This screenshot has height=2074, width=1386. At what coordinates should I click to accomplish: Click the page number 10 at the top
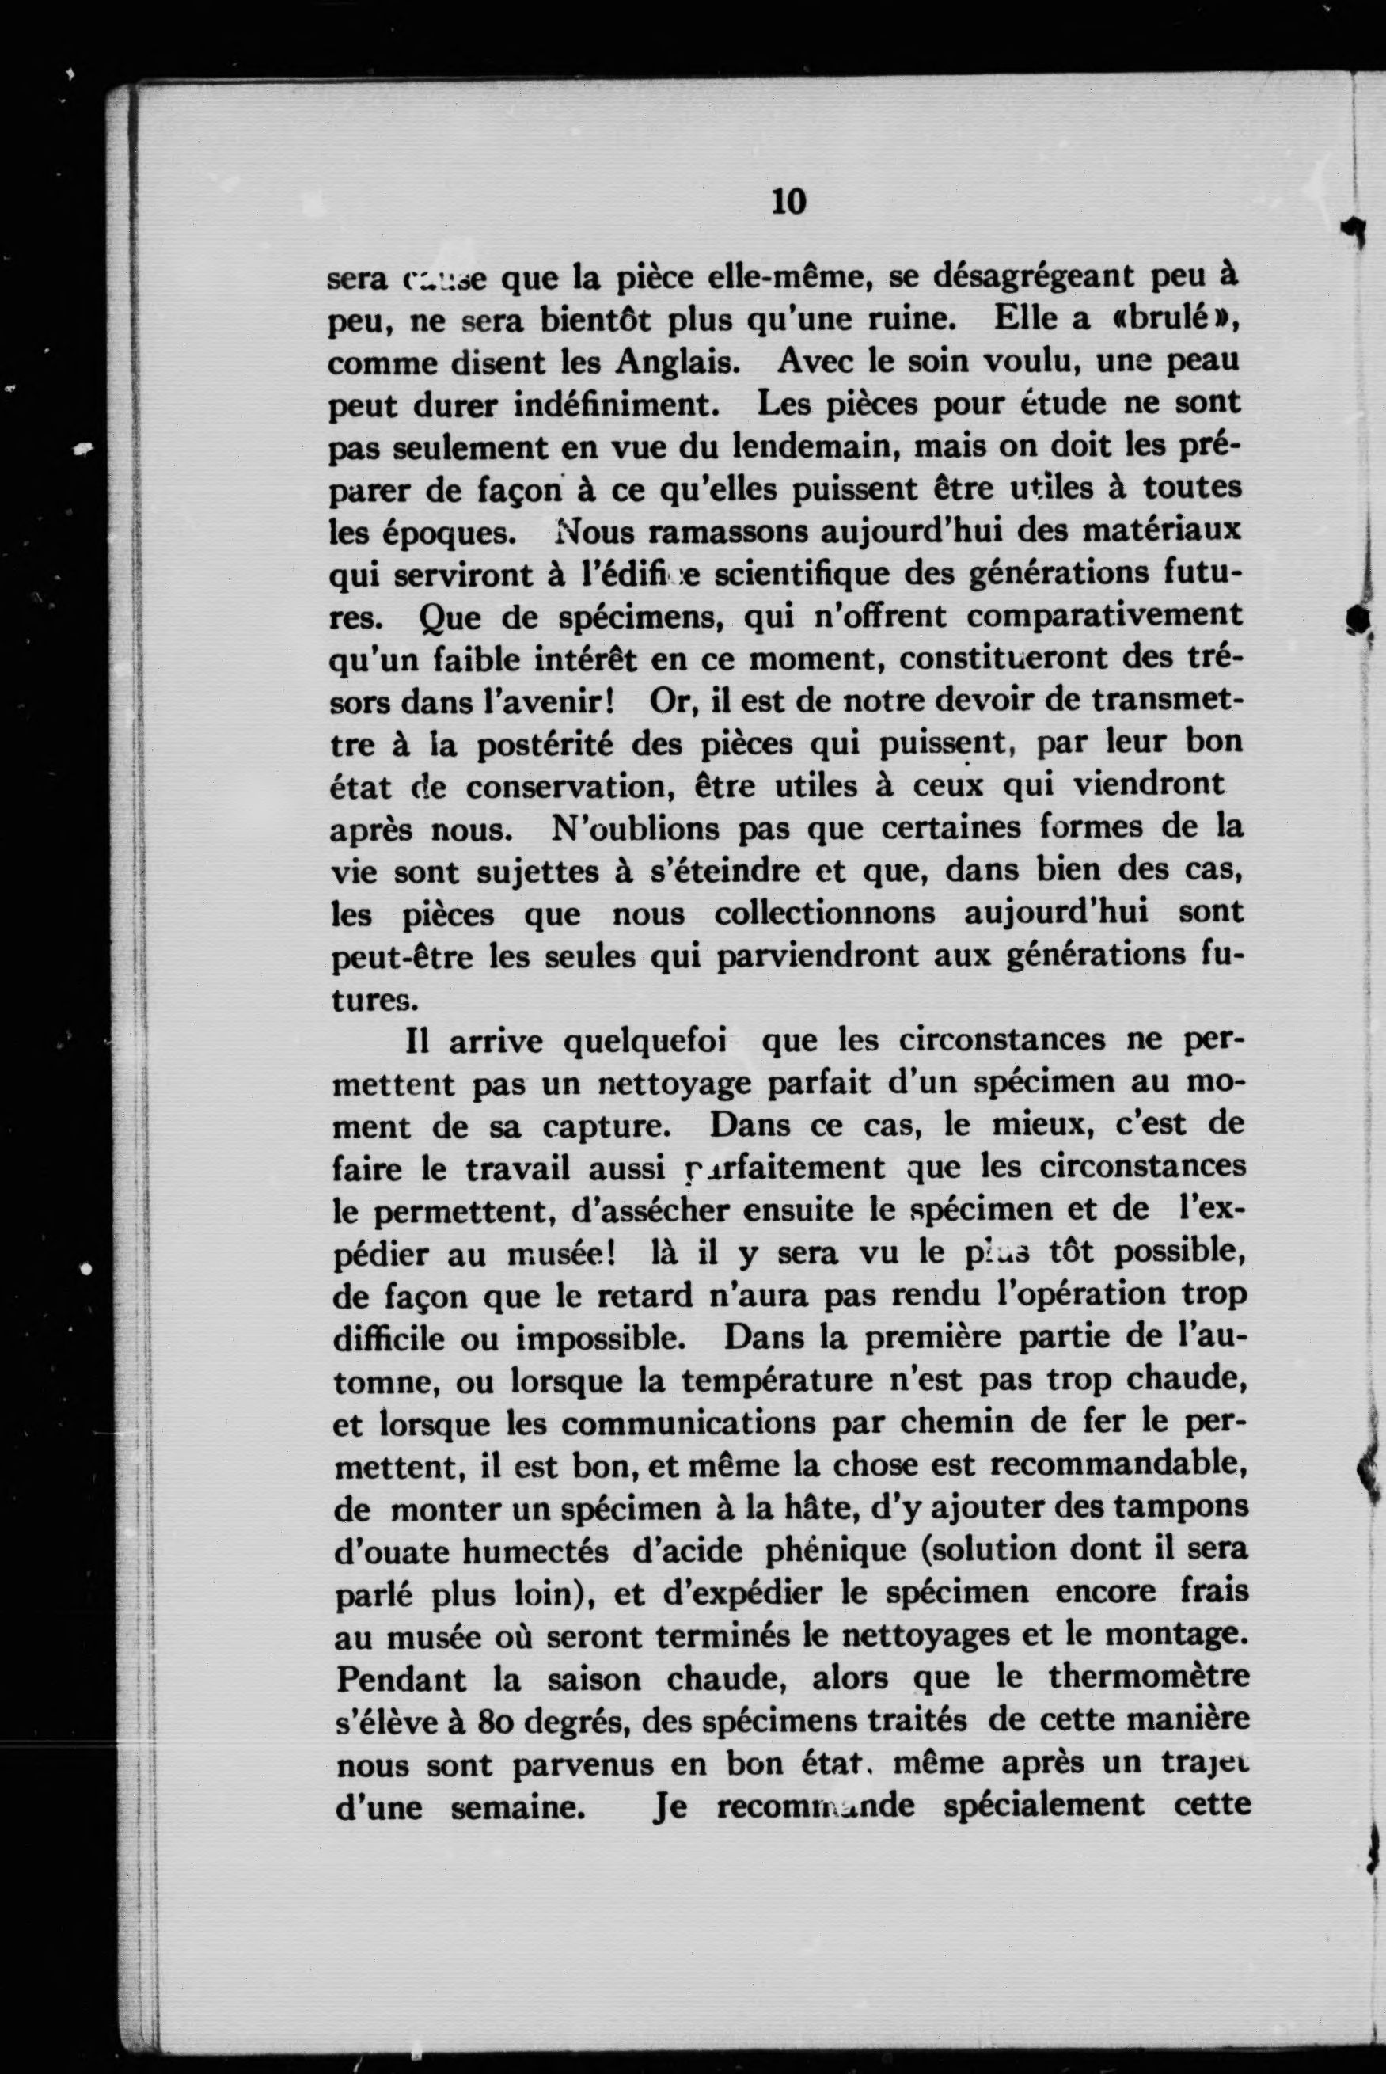tap(788, 203)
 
